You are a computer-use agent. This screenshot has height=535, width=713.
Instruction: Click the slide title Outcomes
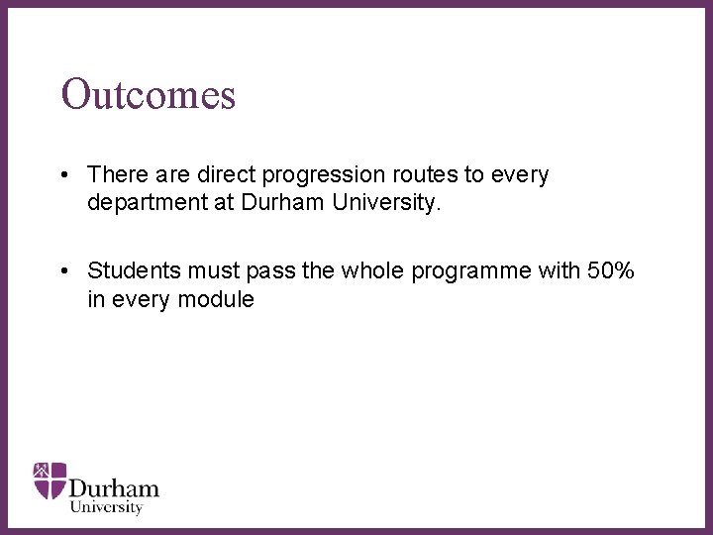click(149, 94)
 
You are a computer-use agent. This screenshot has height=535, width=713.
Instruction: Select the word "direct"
click(227, 175)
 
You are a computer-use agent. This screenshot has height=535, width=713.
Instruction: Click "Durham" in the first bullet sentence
click(277, 203)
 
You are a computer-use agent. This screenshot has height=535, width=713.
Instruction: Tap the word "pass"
click(274, 271)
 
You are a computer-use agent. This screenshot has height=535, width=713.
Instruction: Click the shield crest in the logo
click(50, 480)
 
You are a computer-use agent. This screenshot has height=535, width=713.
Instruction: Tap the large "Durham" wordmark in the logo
click(114, 488)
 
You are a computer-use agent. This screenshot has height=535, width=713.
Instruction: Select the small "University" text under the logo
click(106, 507)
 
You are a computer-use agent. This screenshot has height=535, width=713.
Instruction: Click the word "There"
click(117, 175)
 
